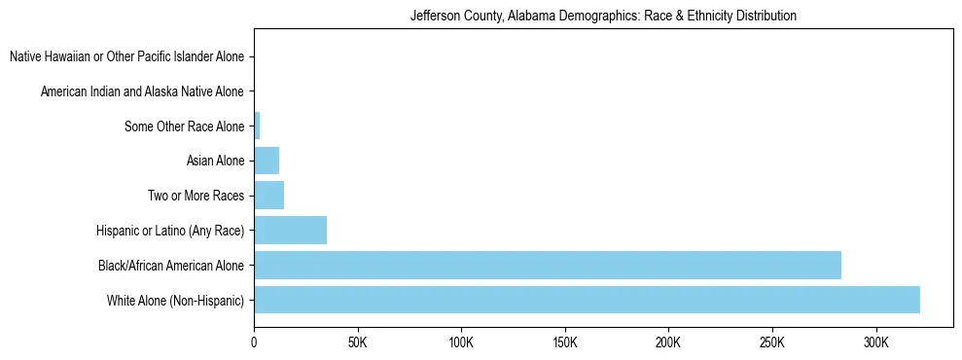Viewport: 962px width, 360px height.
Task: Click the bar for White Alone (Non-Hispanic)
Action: [587, 300]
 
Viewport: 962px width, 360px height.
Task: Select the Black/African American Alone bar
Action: [548, 265]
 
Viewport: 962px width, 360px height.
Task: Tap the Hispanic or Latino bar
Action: [290, 231]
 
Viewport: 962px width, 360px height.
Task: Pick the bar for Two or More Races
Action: [268, 196]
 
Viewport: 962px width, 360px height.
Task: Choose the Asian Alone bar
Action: [267, 161]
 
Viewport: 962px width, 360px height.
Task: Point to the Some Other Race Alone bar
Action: [257, 126]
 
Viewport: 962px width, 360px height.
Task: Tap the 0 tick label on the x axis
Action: [254, 342]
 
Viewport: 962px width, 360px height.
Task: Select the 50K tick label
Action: [358, 342]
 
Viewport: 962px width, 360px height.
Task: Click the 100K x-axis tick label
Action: [461, 342]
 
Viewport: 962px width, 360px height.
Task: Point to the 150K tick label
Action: [565, 342]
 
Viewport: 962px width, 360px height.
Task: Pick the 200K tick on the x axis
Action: [668, 342]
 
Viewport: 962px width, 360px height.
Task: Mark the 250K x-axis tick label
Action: [772, 342]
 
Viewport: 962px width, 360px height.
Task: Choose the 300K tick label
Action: [876, 342]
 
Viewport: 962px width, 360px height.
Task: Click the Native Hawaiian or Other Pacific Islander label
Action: [126, 56]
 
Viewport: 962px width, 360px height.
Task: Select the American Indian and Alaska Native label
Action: [142, 91]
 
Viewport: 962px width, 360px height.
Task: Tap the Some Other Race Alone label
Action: [184, 126]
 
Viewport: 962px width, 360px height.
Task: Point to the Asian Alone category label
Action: [215, 161]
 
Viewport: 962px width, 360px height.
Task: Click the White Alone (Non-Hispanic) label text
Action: [176, 300]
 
